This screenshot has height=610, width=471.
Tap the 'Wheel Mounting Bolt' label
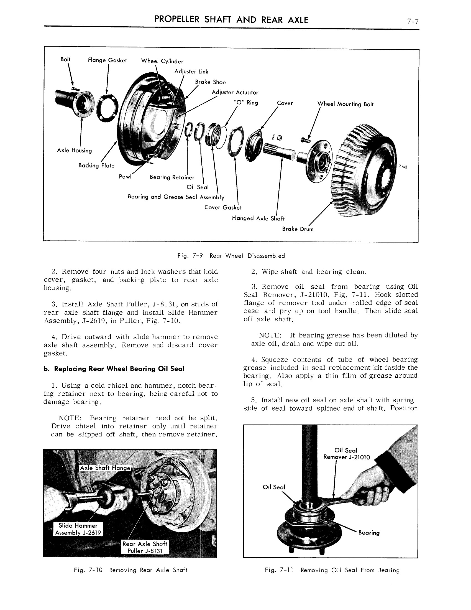tap(345, 104)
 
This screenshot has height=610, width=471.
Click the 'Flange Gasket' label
tap(107, 60)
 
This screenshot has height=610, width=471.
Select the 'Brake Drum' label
tap(298, 229)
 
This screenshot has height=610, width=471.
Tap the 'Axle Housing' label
tap(75, 151)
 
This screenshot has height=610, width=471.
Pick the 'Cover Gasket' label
tap(223, 207)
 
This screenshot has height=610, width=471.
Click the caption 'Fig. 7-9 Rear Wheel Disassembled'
tap(231, 256)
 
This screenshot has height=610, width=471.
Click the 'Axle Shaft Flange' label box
tap(105, 468)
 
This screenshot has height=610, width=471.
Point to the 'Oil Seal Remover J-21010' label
tap(346, 454)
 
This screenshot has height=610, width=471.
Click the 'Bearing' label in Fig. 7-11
tap(368, 533)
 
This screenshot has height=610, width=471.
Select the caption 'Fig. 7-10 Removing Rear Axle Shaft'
tap(130, 570)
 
